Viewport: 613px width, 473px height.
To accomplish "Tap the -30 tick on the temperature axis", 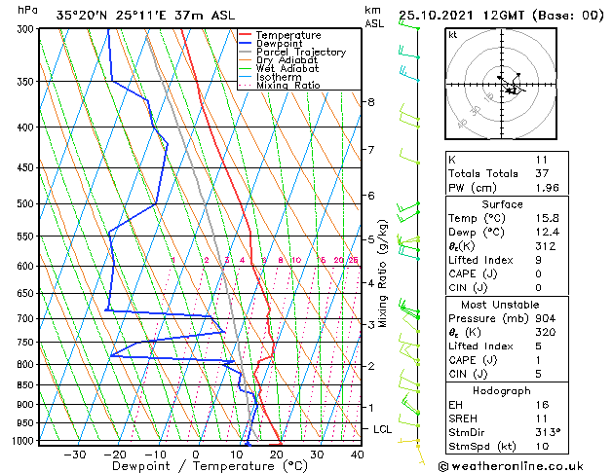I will (75, 454).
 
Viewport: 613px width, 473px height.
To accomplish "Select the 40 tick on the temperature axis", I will (357, 454).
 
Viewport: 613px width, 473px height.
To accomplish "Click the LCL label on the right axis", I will (382, 429).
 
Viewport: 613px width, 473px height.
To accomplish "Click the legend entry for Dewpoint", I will (281, 44).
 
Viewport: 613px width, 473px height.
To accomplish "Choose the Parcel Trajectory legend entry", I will (300, 53).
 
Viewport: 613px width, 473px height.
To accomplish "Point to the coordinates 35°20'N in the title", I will (83, 15).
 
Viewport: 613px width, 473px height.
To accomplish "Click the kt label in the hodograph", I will (453, 35).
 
